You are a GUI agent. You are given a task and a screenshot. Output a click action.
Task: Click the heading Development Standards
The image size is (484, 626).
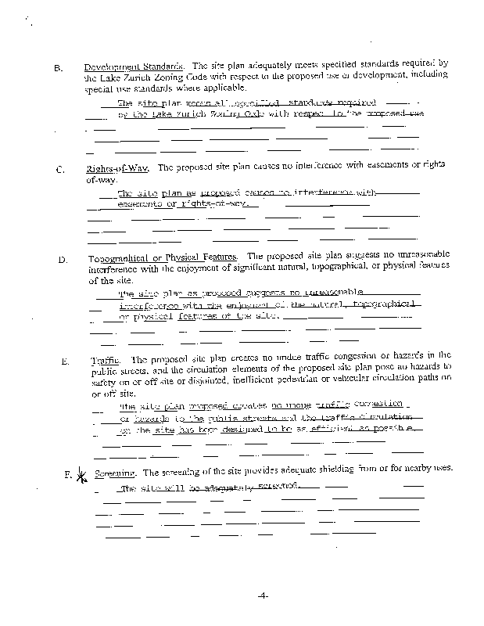134,65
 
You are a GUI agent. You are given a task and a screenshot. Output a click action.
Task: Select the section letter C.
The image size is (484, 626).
59,169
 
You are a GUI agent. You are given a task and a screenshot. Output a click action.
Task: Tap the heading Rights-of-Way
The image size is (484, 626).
117,167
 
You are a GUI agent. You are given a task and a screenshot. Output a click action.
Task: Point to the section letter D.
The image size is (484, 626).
60,259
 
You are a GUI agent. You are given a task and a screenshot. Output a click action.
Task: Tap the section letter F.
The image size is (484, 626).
69,474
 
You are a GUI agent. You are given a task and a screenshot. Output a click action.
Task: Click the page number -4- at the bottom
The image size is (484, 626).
262,595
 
